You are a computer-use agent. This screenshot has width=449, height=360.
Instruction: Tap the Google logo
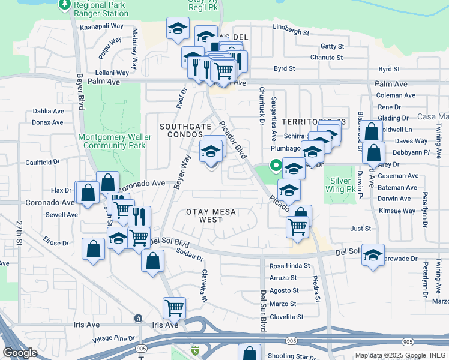click(20, 352)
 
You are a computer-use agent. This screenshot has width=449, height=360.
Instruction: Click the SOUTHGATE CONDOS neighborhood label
click(185, 131)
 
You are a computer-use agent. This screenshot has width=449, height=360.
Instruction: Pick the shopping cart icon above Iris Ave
click(174, 308)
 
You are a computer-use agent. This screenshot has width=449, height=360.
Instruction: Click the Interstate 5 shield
click(194, 350)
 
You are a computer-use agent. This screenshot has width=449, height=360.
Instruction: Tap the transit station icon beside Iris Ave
click(139, 317)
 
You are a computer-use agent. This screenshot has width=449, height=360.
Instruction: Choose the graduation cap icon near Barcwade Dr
click(373, 255)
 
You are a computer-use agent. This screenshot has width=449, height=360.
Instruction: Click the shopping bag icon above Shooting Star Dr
click(249, 353)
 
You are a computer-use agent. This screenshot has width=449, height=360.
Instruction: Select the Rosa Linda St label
click(289, 265)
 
